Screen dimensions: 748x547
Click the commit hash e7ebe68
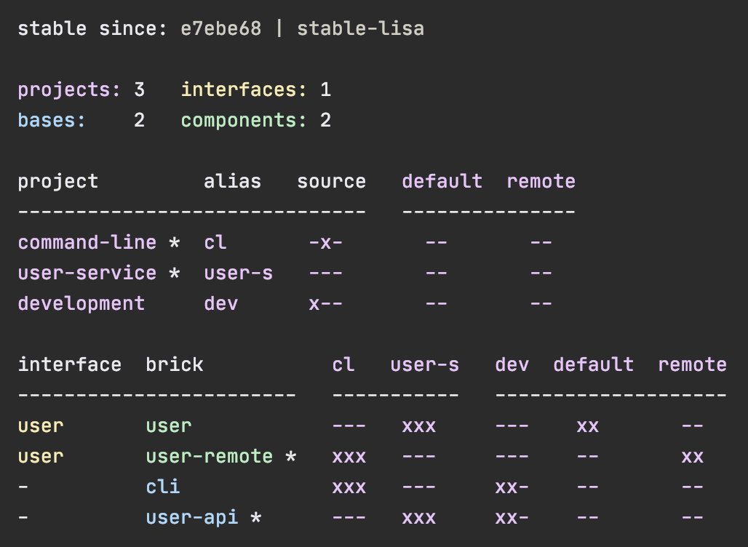point(220,29)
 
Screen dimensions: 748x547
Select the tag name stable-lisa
point(360,29)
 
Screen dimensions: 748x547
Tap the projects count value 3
point(139,90)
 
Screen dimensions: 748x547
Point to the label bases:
point(52,121)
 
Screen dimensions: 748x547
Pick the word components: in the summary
point(244,121)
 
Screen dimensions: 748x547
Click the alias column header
point(232,181)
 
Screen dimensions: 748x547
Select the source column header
point(331,181)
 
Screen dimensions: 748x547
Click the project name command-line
point(87,242)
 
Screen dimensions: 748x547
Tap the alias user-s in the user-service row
point(238,273)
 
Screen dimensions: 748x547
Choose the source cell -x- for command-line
point(325,242)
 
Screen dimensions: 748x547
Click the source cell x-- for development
point(325,303)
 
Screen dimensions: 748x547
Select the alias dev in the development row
point(220,303)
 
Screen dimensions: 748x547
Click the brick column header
point(174,364)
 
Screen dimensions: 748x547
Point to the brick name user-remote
point(209,456)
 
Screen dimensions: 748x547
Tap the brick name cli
point(162,487)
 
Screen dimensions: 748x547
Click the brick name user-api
point(191,517)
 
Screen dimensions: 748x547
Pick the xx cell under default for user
point(587,426)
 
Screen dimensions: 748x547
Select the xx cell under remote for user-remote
point(692,456)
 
